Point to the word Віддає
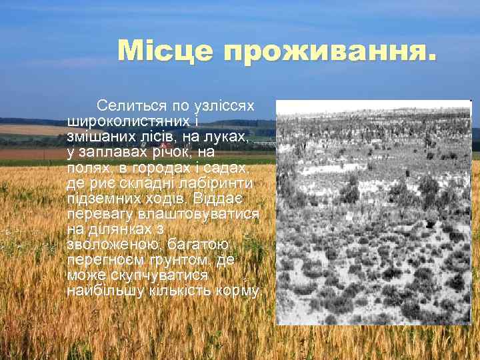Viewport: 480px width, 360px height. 235,198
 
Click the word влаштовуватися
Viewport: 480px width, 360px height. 197,213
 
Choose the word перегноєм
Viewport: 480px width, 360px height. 99,260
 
